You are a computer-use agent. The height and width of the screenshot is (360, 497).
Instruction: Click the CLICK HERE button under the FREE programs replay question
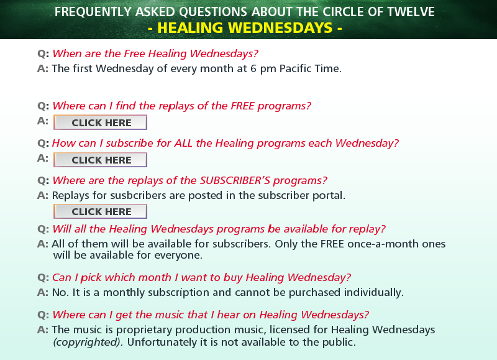click(x=100, y=122)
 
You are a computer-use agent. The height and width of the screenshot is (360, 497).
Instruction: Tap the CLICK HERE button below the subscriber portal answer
click(x=100, y=211)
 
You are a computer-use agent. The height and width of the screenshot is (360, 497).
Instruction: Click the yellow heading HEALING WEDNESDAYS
click(x=245, y=28)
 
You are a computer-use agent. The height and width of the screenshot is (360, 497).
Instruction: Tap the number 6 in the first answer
click(x=253, y=68)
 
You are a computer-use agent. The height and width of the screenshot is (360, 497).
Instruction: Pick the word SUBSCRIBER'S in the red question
click(x=235, y=180)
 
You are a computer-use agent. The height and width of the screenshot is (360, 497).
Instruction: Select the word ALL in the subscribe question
click(x=183, y=143)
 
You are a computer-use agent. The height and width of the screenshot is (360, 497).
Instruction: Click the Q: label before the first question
click(x=43, y=53)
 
